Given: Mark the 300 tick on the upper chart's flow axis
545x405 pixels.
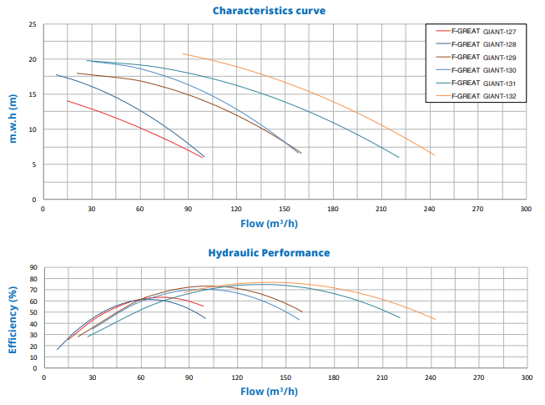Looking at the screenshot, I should tap(526, 210).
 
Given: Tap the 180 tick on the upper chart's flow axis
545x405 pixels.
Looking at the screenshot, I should tap(333, 210).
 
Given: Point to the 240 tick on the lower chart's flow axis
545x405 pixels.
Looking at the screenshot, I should tap(430, 377).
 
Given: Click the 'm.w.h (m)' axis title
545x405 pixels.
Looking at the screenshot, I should tap(13, 118).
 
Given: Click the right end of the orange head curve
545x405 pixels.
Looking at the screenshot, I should tap(435, 155).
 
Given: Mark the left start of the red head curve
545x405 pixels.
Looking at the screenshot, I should tap(68, 101).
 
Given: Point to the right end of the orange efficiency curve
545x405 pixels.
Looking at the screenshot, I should tap(436, 320).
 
